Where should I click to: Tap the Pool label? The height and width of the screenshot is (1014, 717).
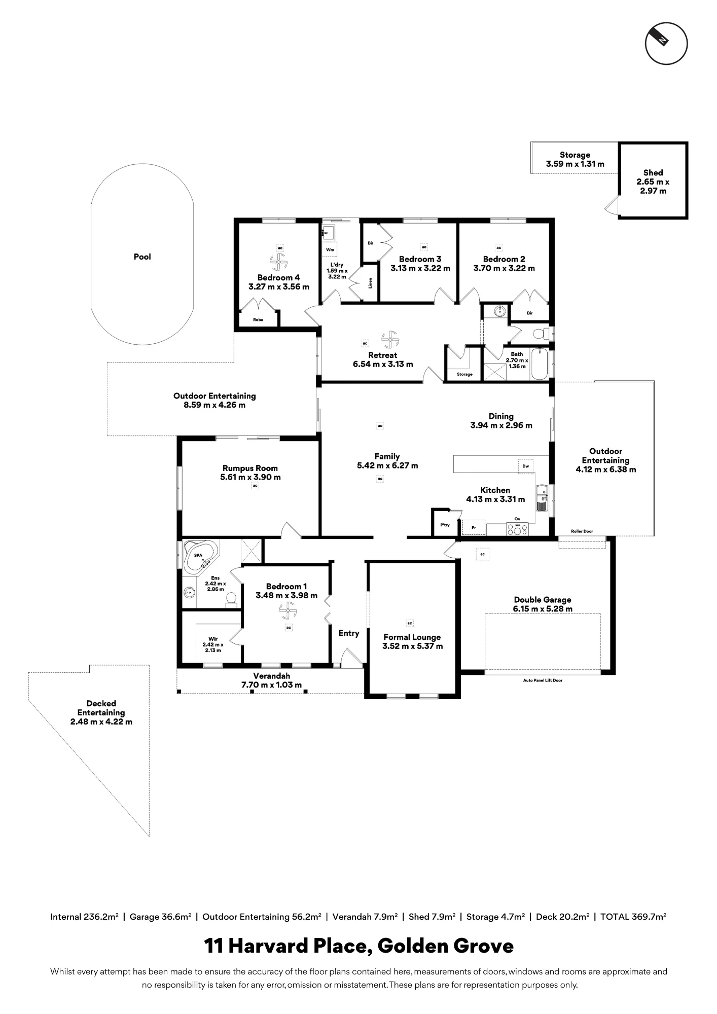[x=142, y=257]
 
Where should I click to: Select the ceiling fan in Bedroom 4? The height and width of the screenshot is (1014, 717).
[x=279, y=263]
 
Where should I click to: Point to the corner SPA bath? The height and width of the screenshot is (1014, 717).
[x=199, y=556]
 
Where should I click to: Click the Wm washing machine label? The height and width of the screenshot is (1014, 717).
[x=330, y=249]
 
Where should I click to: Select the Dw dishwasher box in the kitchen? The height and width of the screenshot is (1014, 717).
[x=526, y=466]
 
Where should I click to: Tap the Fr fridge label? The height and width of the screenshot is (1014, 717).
[x=474, y=528]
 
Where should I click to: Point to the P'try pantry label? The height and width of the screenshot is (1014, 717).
[x=445, y=525]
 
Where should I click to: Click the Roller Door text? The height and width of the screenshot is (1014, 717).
[x=582, y=531]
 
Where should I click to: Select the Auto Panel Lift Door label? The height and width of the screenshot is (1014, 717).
[x=543, y=680]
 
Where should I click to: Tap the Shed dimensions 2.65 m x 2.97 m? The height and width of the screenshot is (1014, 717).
[x=653, y=186]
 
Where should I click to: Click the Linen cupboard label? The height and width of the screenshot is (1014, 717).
[x=370, y=283]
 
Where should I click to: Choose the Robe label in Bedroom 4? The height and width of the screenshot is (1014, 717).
[x=258, y=320]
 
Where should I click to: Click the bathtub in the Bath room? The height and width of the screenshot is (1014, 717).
[x=540, y=364]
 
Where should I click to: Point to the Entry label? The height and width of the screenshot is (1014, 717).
[x=349, y=633]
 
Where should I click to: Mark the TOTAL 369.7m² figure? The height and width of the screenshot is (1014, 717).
[x=633, y=917]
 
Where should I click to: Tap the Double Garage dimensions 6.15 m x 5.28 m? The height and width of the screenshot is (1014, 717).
[x=543, y=609]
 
